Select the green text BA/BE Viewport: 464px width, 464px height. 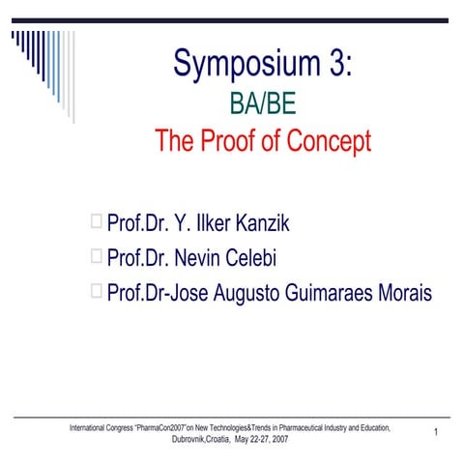[262, 103]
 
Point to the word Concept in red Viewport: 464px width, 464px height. [329, 141]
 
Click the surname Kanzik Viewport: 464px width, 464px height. [255, 224]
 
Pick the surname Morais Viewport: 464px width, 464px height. [401, 291]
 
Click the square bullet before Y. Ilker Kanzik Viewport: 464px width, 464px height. [96, 223]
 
